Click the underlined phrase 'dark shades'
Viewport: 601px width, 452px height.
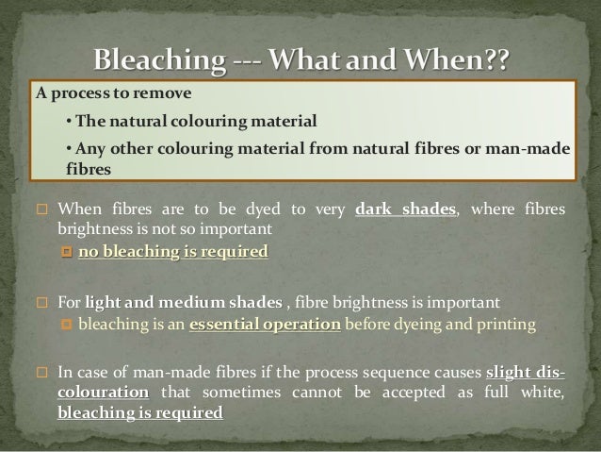click(407, 209)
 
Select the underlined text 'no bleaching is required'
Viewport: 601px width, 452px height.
click(173, 252)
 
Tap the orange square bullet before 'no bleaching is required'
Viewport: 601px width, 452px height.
click(66, 252)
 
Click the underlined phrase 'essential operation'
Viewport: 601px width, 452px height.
click(266, 325)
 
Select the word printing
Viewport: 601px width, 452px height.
click(505, 325)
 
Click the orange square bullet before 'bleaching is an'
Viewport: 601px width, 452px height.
click(66, 326)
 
